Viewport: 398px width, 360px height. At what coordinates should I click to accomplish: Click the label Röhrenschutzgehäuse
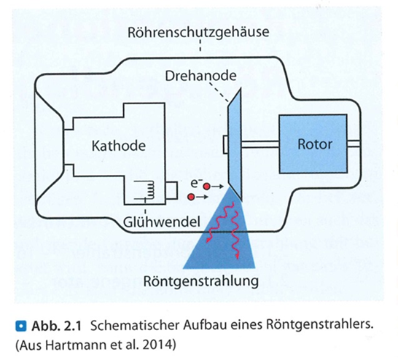(198, 33)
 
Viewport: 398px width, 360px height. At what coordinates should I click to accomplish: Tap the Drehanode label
(200, 75)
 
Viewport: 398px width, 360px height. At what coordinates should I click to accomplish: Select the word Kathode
(119, 146)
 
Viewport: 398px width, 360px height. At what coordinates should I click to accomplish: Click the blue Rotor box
(313, 144)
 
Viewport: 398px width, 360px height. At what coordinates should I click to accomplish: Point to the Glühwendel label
(162, 222)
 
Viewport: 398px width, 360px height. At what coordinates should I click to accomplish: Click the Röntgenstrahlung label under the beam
(201, 281)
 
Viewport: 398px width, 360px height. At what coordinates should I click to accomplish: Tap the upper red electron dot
(206, 187)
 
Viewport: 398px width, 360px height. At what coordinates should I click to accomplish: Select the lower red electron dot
(192, 197)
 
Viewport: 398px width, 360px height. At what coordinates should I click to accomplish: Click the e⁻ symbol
(195, 182)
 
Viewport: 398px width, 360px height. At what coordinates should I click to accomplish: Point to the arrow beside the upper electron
(217, 187)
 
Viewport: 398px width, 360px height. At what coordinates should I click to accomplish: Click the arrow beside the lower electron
(203, 197)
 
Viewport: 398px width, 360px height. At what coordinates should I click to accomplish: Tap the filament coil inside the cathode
(149, 189)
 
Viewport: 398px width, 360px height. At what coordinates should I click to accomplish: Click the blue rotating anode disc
(234, 144)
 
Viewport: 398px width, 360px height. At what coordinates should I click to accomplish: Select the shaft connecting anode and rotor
(260, 144)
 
